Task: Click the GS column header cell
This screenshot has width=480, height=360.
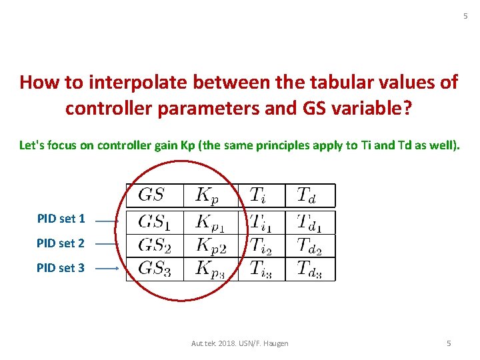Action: pyautogui.click(x=151, y=195)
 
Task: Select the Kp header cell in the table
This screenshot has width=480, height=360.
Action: pyautogui.click(x=210, y=195)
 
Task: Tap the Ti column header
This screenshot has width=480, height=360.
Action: pyautogui.click(x=261, y=195)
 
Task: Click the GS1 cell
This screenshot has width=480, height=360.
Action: pyautogui.click(x=154, y=222)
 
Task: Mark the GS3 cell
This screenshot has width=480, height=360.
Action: pyautogui.click(x=154, y=269)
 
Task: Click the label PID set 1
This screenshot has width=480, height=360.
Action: pyautogui.click(x=61, y=219)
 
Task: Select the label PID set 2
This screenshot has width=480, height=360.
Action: pyautogui.click(x=61, y=243)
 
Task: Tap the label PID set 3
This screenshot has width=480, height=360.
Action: pyautogui.click(x=61, y=268)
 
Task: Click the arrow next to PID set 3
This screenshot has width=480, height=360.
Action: pyautogui.click(x=107, y=269)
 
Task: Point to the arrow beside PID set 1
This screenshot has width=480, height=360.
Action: pyautogui.click(x=107, y=219)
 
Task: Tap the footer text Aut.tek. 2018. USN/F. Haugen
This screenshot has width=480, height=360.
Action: pyautogui.click(x=239, y=343)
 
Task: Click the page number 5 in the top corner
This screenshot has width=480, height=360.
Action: pyautogui.click(x=466, y=16)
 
